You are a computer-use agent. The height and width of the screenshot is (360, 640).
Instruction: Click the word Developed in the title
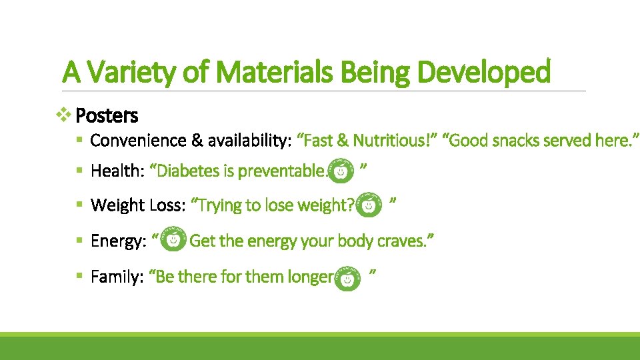[x=484, y=72]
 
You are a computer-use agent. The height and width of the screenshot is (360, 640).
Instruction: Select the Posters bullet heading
[x=107, y=116]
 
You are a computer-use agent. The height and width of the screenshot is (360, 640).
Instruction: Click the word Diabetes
[x=186, y=171]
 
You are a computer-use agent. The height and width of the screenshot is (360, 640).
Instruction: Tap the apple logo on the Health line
[x=341, y=172]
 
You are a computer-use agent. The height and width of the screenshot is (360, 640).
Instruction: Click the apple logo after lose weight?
[x=369, y=207]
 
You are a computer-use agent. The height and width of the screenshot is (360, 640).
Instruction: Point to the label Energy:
[x=117, y=241]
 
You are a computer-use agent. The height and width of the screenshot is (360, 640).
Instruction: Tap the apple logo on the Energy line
[x=174, y=240]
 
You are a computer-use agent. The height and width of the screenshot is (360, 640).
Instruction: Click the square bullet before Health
[x=79, y=171]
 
